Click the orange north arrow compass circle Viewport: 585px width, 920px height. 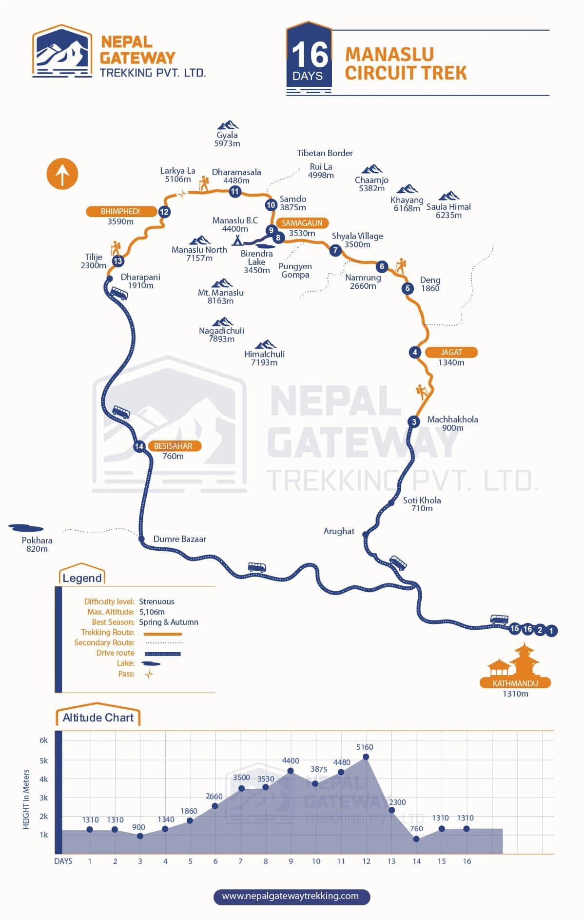[62, 174]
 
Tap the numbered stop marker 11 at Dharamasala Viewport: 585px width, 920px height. [235, 191]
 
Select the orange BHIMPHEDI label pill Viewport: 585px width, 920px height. [121, 211]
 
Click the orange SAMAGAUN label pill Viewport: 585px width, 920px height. [302, 223]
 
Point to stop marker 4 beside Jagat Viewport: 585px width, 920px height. [415, 352]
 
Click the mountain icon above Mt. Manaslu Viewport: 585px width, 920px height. [222, 283]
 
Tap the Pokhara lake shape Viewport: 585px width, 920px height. [26, 528]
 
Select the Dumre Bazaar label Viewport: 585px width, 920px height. [179, 539]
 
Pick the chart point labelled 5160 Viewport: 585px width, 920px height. [366, 757]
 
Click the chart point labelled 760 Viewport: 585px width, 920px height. [416, 839]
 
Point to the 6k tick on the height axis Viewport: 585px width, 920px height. [44, 740]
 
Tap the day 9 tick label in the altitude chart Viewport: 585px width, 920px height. [291, 861]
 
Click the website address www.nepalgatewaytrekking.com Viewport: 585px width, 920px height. [291, 896]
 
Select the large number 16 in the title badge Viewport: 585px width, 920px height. [310, 55]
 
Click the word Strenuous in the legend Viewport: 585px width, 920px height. [156, 601]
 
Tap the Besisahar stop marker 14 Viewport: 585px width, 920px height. [139, 446]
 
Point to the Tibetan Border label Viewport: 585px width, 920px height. [325, 153]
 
